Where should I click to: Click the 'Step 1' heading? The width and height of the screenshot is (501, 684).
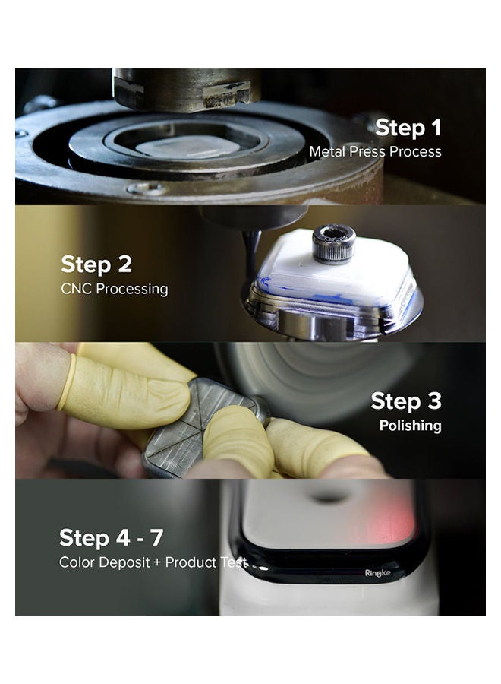pyautogui.click(x=408, y=128)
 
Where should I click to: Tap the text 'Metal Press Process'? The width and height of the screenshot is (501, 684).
pyautogui.click(x=375, y=152)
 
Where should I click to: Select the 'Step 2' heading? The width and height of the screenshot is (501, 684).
pyautogui.click(x=96, y=264)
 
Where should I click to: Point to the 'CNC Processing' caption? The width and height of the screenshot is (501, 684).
pyautogui.click(x=114, y=289)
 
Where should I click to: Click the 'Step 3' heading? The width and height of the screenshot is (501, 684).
pyautogui.click(x=406, y=401)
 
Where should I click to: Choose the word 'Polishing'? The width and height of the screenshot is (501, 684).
pyautogui.click(x=411, y=426)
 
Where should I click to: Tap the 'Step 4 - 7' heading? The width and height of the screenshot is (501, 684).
pyautogui.click(x=111, y=538)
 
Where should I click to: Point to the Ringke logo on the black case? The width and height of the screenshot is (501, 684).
pyautogui.click(x=377, y=573)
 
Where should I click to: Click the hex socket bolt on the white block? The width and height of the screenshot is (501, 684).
pyautogui.click(x=334, y=244)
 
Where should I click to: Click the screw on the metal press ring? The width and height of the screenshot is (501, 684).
pyautogui.click(x=147, y=189)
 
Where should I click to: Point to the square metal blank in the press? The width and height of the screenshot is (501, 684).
pyautogui.click(x=188, y=147)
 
